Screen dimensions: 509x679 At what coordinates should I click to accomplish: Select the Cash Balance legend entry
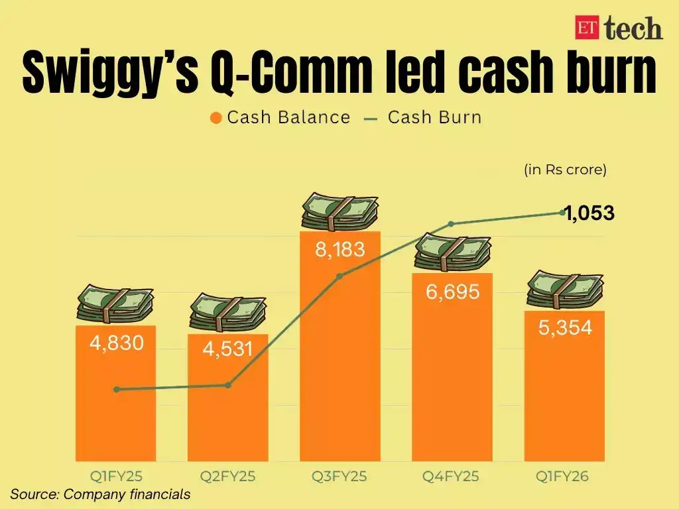[280, 118]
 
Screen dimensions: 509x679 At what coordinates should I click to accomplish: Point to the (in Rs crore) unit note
[565, 170]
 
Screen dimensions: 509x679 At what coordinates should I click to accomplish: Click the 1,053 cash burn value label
[589, 213]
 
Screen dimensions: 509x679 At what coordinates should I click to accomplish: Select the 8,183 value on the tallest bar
[340, 250]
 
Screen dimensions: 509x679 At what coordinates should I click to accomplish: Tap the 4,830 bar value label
[115, 343]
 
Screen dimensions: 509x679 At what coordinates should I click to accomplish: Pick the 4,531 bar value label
[227, 348]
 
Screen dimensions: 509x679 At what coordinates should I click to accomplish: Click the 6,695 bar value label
[452, 291]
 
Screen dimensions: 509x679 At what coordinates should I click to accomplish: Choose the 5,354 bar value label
[564, 327]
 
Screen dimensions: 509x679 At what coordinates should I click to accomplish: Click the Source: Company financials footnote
[100, 494]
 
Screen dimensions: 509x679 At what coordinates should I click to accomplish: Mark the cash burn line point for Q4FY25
[452, 224]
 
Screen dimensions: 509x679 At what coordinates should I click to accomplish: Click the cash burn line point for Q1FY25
[117, 390]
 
